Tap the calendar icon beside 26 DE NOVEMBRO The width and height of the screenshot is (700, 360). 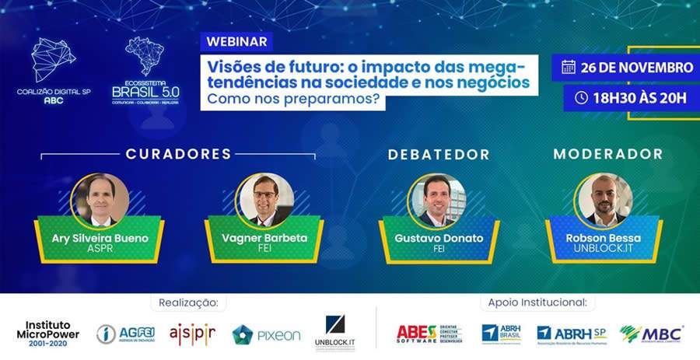tap(568, 67)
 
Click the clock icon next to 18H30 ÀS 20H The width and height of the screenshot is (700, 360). tap(580, 98)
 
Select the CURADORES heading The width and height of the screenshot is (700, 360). tap(178, 154)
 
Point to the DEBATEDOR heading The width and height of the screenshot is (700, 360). tap(439, 154)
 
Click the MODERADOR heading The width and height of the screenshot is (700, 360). tap(607, 154)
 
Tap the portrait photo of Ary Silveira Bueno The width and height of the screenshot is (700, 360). tap(100, 200)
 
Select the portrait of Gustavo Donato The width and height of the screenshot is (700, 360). tap(439, 200)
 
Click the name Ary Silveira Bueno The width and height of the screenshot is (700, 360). tap(99, 238)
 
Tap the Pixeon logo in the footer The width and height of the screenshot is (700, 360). tap(267, 334)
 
